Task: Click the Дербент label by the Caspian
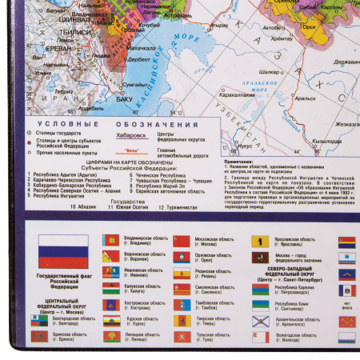click(138, 58)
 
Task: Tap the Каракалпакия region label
click(238, 94)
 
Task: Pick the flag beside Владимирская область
click(110, 240)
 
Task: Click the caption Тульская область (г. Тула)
click(212, 338)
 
